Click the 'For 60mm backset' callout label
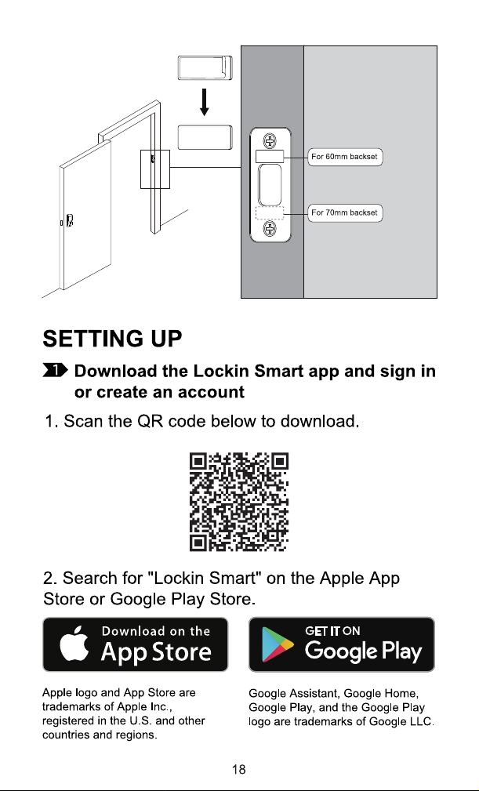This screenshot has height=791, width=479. click(x=345, y=157)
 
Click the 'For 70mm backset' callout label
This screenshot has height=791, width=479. click(x=345, y=213)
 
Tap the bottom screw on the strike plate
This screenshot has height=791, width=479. click(x=270, y=229)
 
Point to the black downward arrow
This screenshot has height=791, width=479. click(x=204, y=102)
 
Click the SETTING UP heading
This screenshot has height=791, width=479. click(x=112, y=339)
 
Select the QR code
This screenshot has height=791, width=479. click(x=239, y=502)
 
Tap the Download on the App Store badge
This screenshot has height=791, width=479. click(x=135, y=644)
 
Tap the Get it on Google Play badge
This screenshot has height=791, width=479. click(x=341, y=644)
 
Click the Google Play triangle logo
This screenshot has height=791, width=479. click(x=278, y=644)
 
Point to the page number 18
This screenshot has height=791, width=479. click(x=239, y=769)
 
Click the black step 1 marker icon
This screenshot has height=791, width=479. click(x=56, y=371)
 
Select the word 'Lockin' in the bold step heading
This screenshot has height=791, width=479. click(x=221, y=372)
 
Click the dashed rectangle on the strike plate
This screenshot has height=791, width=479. click(x=270, y=213)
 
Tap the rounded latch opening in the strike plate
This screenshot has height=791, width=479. click(x=270, y=184)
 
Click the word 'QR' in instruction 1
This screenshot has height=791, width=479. click(x=150, y=421)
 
